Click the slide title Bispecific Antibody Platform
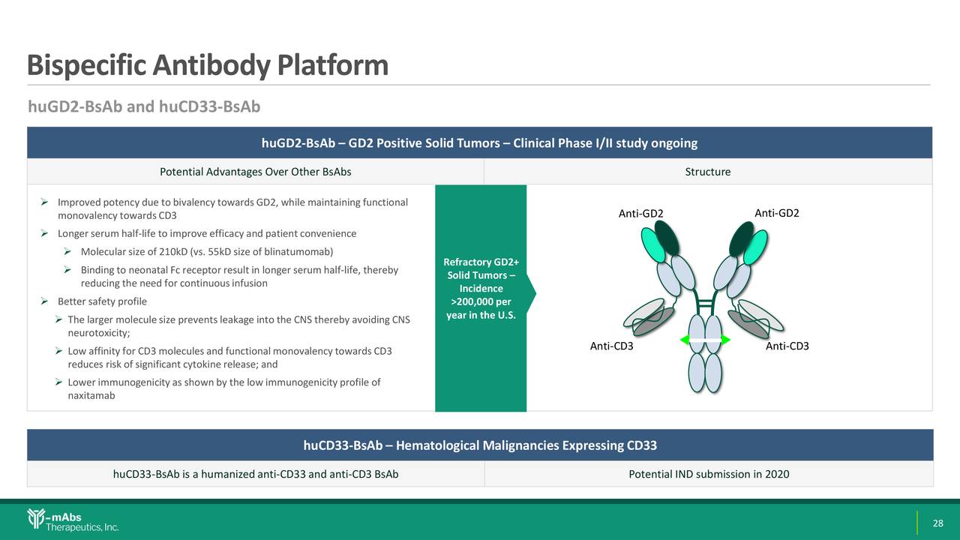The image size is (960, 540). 207,66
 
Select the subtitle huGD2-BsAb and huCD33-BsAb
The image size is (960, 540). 144,107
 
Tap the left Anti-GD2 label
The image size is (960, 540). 640,214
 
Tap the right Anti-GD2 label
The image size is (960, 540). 776,213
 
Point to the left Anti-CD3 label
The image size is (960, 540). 611,346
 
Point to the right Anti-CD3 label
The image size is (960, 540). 787,346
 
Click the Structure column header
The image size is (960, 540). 707,172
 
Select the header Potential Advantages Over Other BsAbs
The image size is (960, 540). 255,172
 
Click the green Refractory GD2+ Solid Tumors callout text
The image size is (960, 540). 481,288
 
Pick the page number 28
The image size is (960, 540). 937,523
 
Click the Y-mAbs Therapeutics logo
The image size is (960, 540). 73,520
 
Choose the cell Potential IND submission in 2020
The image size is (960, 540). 708,474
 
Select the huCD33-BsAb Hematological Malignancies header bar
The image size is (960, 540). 480,445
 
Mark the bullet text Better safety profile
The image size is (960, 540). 102,301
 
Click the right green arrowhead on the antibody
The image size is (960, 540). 726,340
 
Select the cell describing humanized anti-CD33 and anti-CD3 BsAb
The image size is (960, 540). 255,474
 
